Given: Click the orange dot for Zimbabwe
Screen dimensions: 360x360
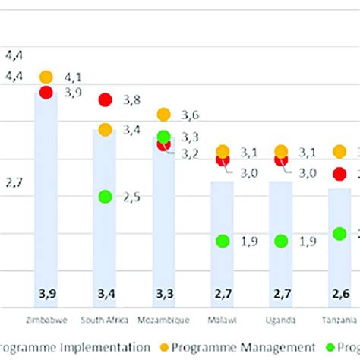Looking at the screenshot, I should click(46, 77).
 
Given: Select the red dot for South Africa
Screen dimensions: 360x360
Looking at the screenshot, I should click(105, 99).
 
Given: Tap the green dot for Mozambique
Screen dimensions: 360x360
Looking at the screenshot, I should click(164, 137).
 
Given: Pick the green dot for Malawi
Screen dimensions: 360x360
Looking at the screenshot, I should click(223, 241).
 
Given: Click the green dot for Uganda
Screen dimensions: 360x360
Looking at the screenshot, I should click(281, 241).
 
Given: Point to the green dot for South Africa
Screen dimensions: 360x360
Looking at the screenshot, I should click(105, 197).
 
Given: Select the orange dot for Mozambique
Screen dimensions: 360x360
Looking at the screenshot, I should click(164, 115).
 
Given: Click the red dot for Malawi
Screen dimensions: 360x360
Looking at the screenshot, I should click(223, 160).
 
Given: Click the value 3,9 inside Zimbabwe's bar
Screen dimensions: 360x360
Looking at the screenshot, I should click(46, 294).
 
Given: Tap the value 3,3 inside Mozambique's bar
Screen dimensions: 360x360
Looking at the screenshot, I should click(164, 294).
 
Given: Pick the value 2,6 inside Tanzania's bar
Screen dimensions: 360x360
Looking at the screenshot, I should click(339, 294).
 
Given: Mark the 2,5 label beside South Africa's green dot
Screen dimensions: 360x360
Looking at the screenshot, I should click(131, 197).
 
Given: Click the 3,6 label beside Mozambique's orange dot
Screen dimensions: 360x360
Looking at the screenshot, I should click(190, 115).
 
